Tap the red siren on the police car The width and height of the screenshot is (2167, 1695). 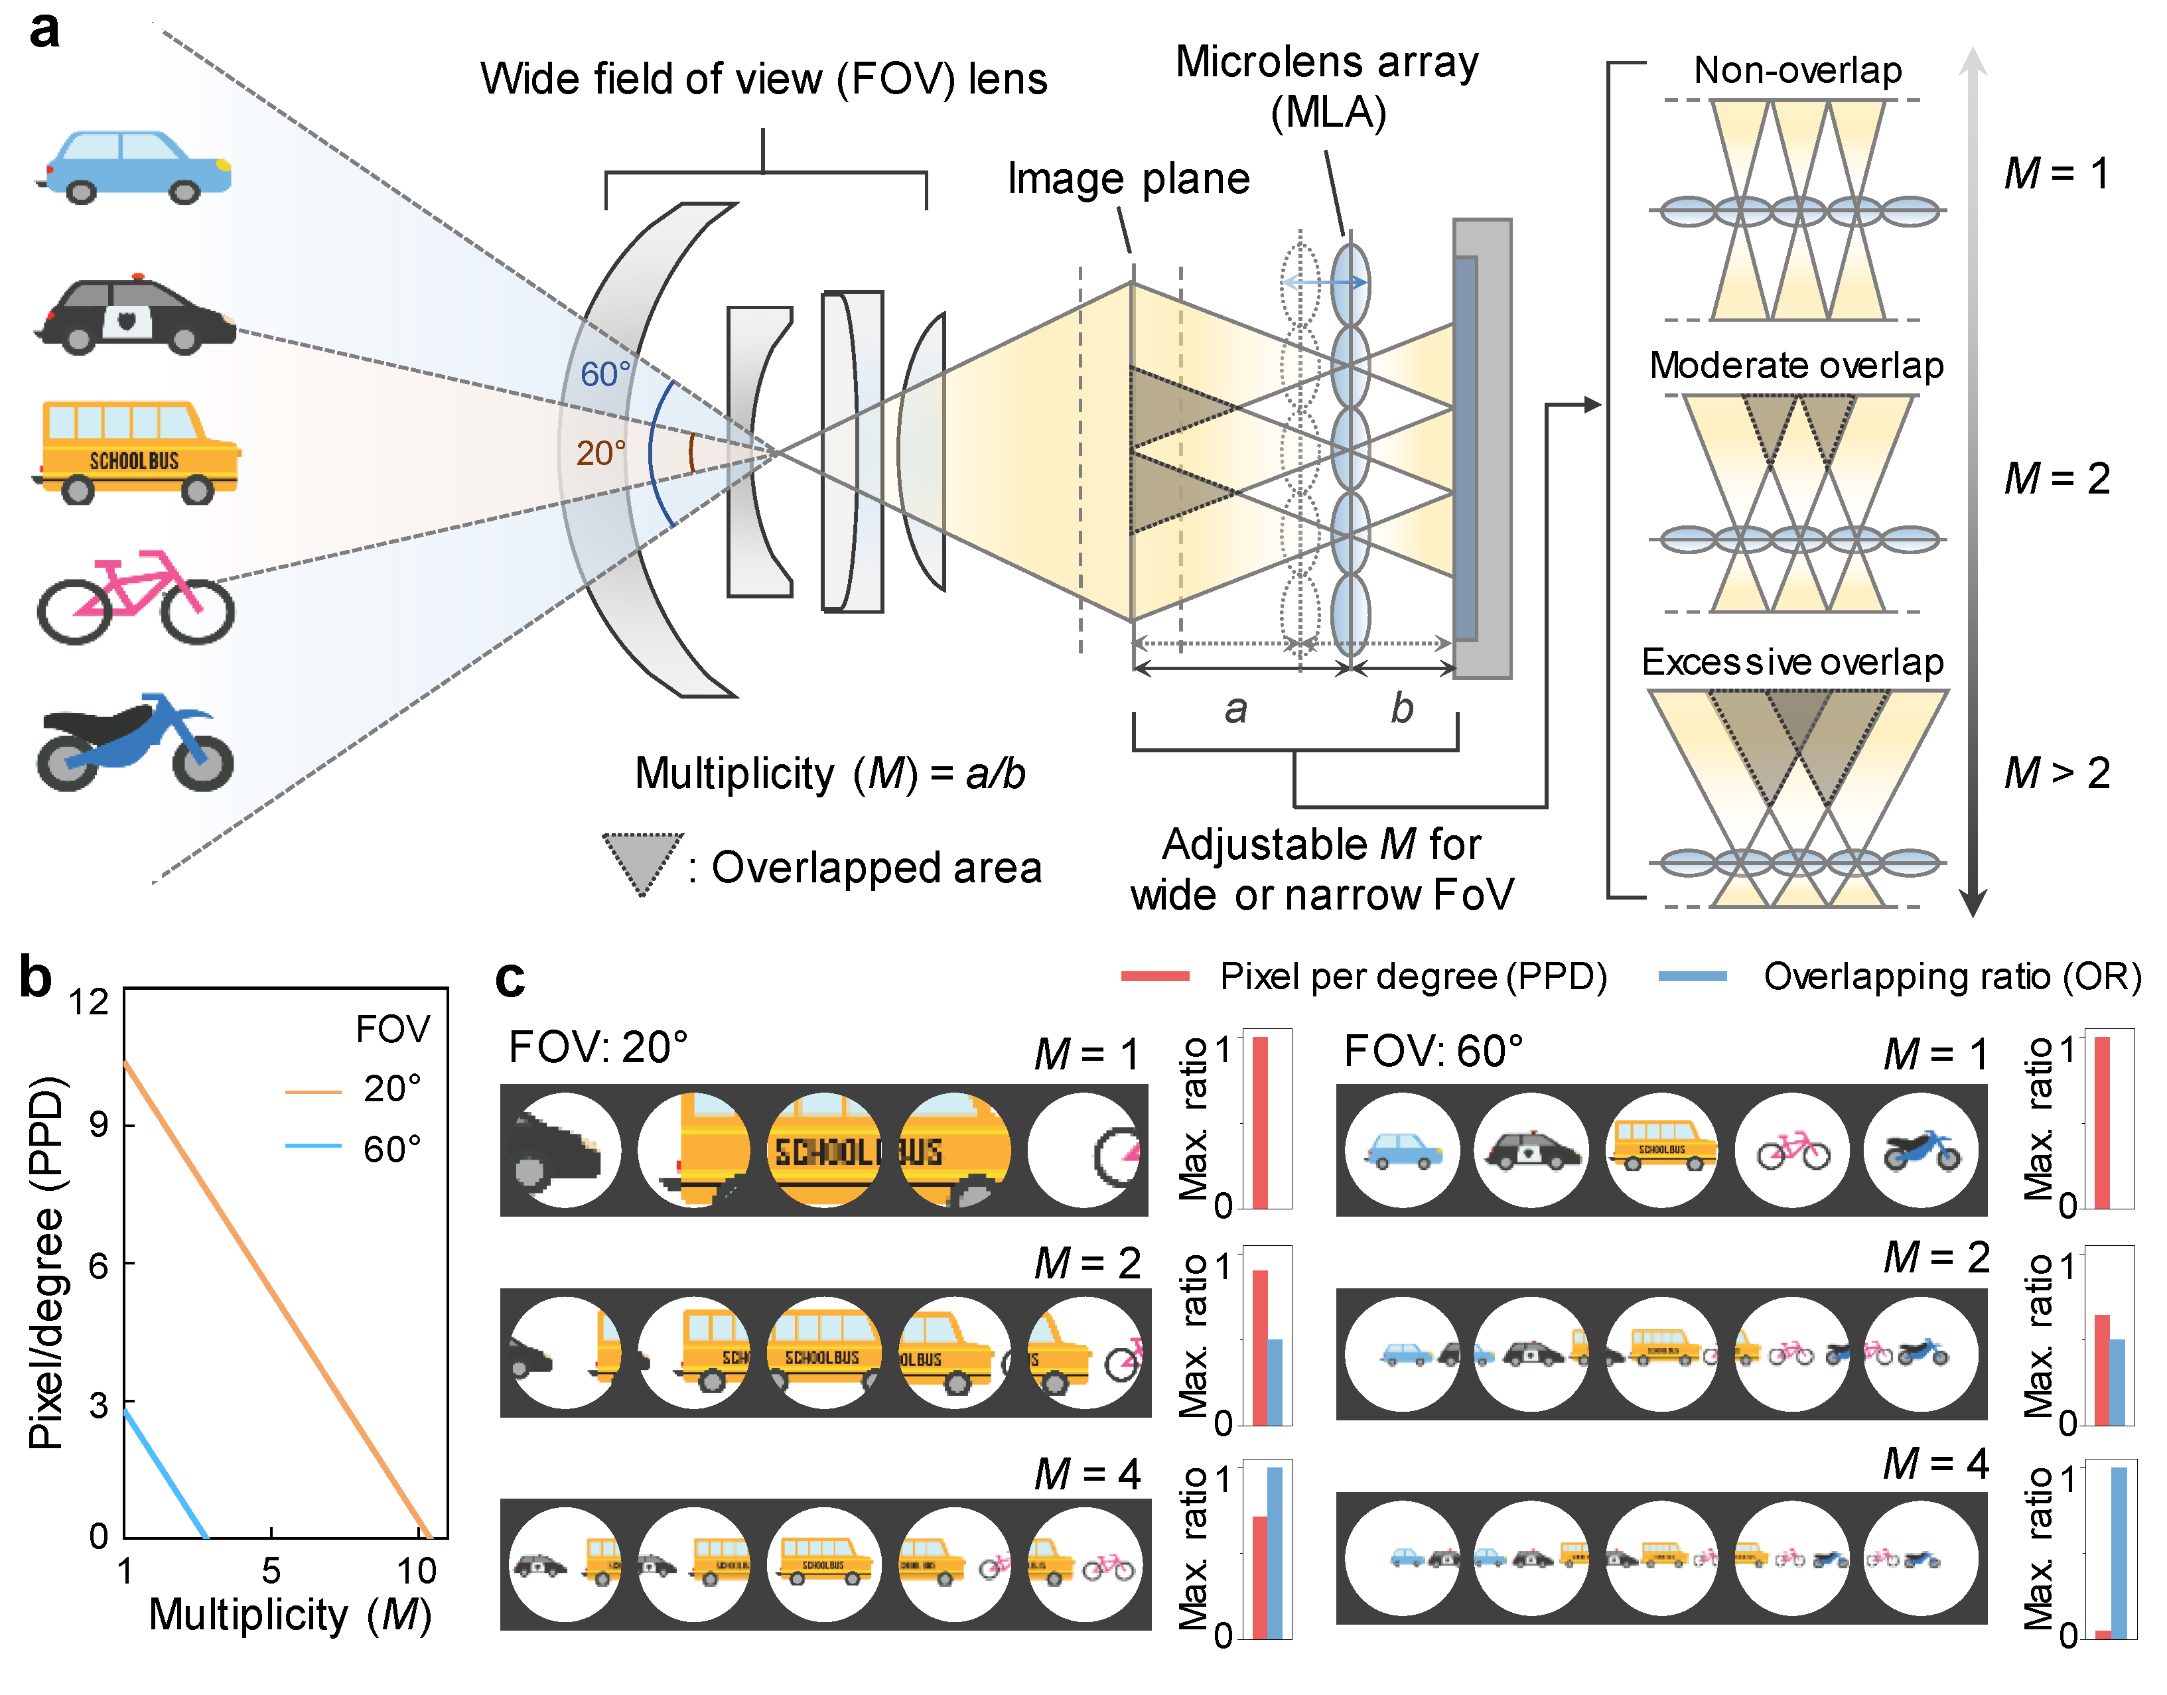[138, 277]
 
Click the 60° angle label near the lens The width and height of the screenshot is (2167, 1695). [604, 374]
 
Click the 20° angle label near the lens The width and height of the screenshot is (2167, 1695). [600, 454]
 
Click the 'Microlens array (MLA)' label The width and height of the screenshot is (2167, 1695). [1327, 88]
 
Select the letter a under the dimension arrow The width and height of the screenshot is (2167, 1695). [1235, 709]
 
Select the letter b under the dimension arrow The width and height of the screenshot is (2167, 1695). [1401, 709]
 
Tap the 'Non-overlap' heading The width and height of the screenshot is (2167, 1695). [1797, 70]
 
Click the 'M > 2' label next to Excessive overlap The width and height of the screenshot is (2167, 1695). [2056, 773]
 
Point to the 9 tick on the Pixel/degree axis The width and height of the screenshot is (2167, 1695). [98, 1124]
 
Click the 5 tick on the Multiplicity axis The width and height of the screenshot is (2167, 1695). [271, 1570]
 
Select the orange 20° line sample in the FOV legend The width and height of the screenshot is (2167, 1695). [313, 1091]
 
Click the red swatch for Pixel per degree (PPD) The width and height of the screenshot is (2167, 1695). [1154, 977]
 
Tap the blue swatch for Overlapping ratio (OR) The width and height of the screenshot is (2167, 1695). [1693, 977]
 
